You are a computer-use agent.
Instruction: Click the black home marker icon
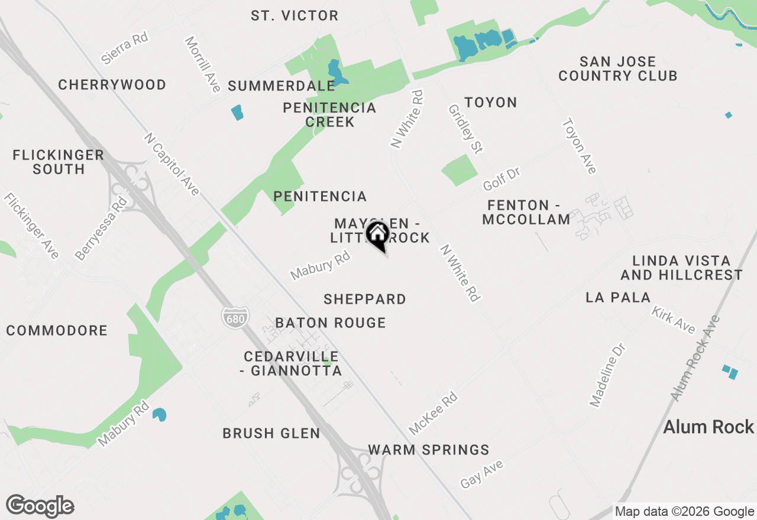pos(377,235)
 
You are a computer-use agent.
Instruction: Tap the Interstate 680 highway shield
pos(235,317)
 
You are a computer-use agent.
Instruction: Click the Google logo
pos(40,506)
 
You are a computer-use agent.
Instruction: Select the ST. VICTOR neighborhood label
pos(295,16)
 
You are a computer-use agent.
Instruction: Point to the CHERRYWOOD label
pos(112,85)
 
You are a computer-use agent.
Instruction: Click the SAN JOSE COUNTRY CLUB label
pos(617,69)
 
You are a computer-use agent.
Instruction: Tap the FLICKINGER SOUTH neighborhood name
pos(59,162)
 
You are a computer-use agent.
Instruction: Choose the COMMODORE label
pos(57,330)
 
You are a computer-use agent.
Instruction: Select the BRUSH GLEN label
pos(271,433)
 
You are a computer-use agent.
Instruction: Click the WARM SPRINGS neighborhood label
pos(429,450)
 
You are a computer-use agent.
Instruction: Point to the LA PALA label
pos(618,297)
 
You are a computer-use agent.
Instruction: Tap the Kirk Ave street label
pos(673,320)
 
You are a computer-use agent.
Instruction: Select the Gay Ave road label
pos(482,474)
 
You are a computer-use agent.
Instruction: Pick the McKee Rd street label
pos(434,412)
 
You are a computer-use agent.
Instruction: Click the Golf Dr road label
pos(502,179)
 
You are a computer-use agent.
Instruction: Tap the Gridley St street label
pos(465,128)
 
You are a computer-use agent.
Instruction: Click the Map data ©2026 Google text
pos(684,512)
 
